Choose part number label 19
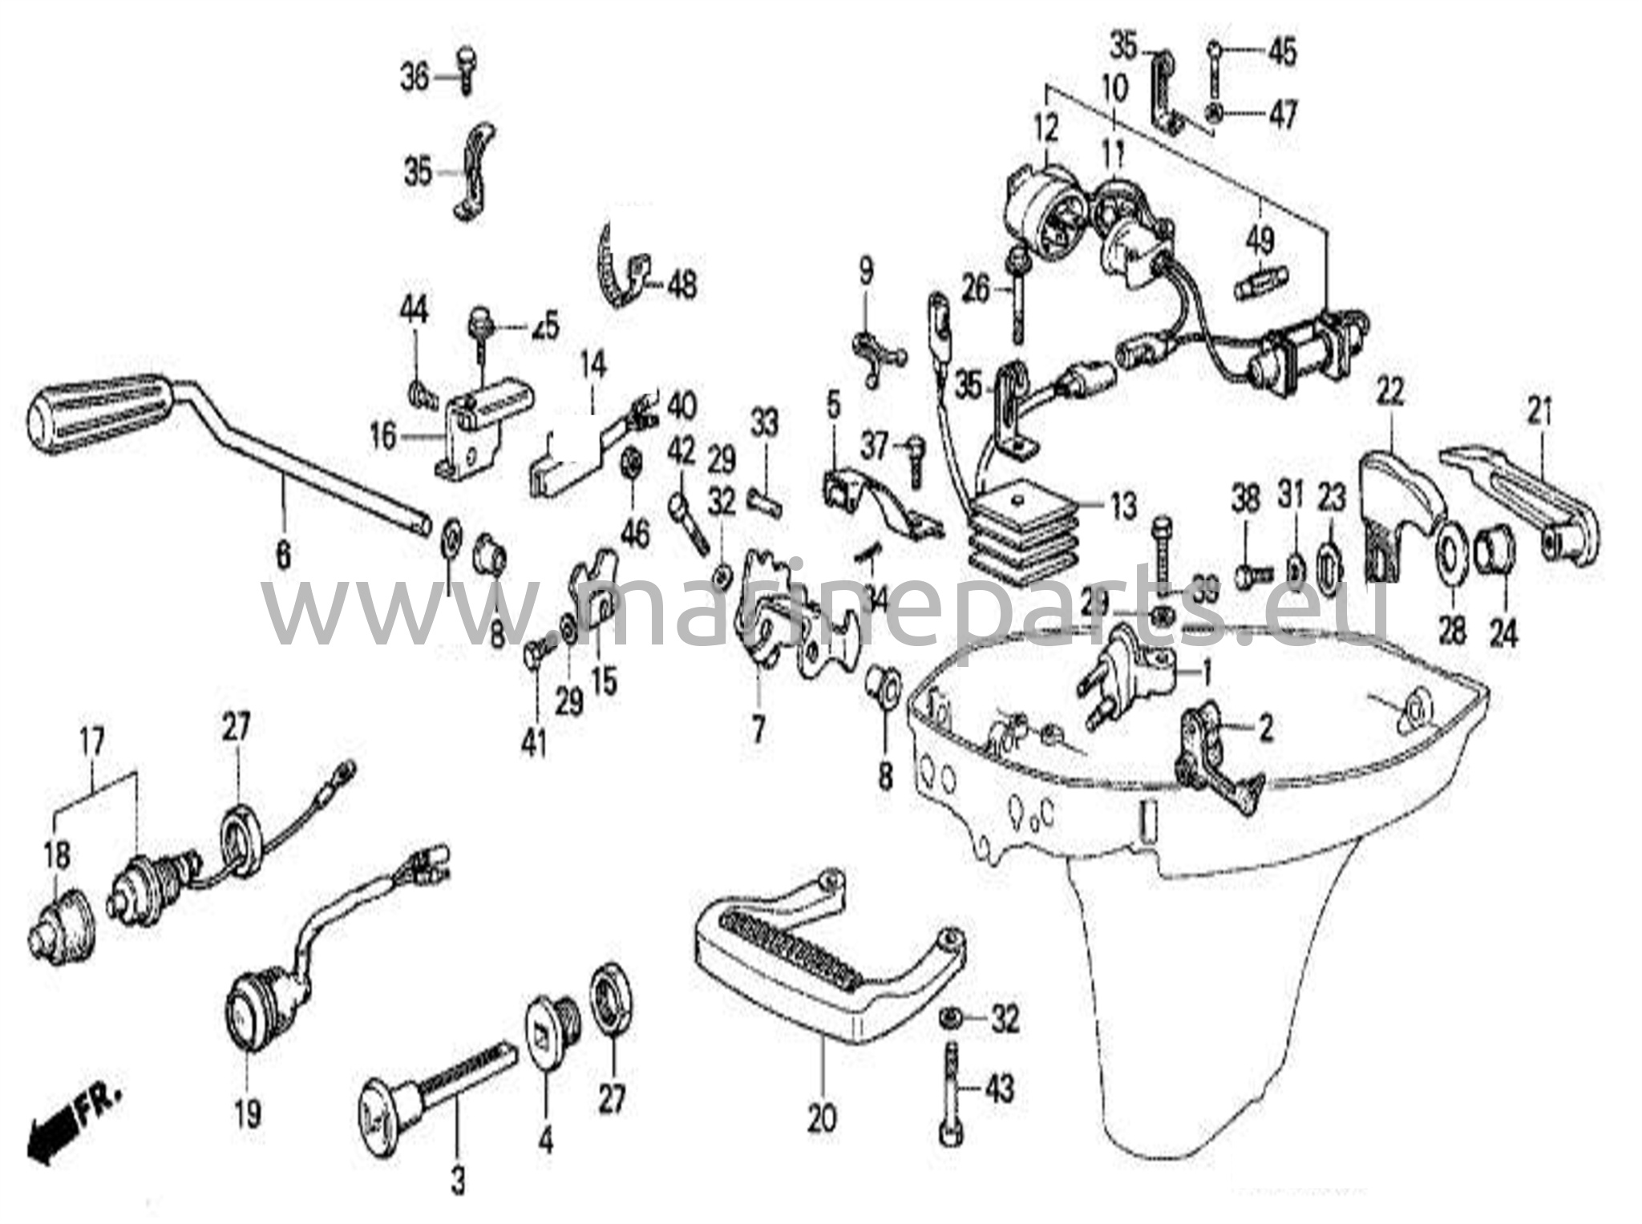tap(247, 1113)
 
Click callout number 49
tap(1259, 238)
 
